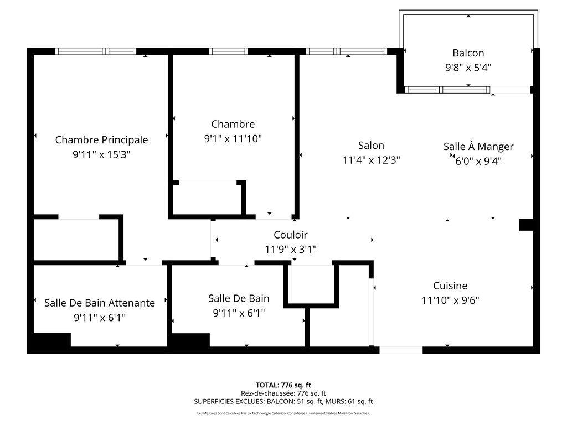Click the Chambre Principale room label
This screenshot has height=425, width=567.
point(101,140)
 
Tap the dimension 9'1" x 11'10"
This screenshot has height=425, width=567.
point(233,139)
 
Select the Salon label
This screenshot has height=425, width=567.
point(371,146)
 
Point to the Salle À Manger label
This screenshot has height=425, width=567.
point(478,147)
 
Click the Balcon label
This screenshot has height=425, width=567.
point(468,53)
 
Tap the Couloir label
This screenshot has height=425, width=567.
point(290,235)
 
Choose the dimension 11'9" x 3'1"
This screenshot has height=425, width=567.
point(290,250)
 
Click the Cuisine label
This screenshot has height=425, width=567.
point(450,286)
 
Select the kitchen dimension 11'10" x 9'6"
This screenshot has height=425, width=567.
point(450,300)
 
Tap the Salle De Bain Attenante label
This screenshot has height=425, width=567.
point(100,303)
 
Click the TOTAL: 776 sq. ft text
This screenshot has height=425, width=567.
point(283,385)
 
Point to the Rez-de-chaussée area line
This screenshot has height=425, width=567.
point(283,393)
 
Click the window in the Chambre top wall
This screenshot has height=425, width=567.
point(229,51)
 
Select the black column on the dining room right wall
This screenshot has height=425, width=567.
point(525,225)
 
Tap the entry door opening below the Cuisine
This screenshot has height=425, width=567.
point(401,350)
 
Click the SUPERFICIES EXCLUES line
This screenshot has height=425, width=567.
point(283,401)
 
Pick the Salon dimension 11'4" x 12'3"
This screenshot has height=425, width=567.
point(371,160)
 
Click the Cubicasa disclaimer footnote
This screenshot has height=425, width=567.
point(283,413)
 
